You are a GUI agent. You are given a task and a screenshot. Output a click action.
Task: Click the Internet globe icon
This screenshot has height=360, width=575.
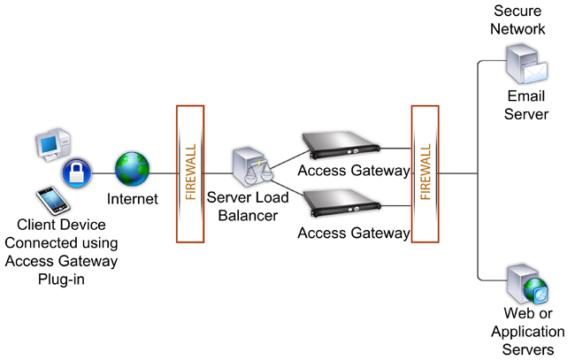pyautogui.click(x=133, y=168)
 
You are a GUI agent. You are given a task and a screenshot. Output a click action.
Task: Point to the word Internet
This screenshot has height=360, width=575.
pyautogui.click(x=132, y=199)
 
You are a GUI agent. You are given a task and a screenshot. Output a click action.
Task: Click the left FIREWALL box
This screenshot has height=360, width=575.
pyautogui.click(x=190, y=173)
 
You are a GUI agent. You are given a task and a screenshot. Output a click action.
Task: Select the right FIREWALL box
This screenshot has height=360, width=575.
pyautogui.click(x=425, y=173)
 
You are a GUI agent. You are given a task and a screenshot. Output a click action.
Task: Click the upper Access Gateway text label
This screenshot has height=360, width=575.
pyautogui.click(x=354, y=170)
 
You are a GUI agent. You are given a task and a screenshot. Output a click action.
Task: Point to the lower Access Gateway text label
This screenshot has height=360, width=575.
pyautogui.click(x=354, y=234)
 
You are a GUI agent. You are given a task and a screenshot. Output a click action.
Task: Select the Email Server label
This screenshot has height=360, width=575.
pyautogui.click(x=528, y=103)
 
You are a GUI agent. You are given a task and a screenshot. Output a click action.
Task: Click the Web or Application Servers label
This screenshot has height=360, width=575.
pyautogui.click(x=528, y=333)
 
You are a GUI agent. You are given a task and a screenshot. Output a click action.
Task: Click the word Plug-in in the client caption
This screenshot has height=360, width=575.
pyautogui.click(x=61, y=279)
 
